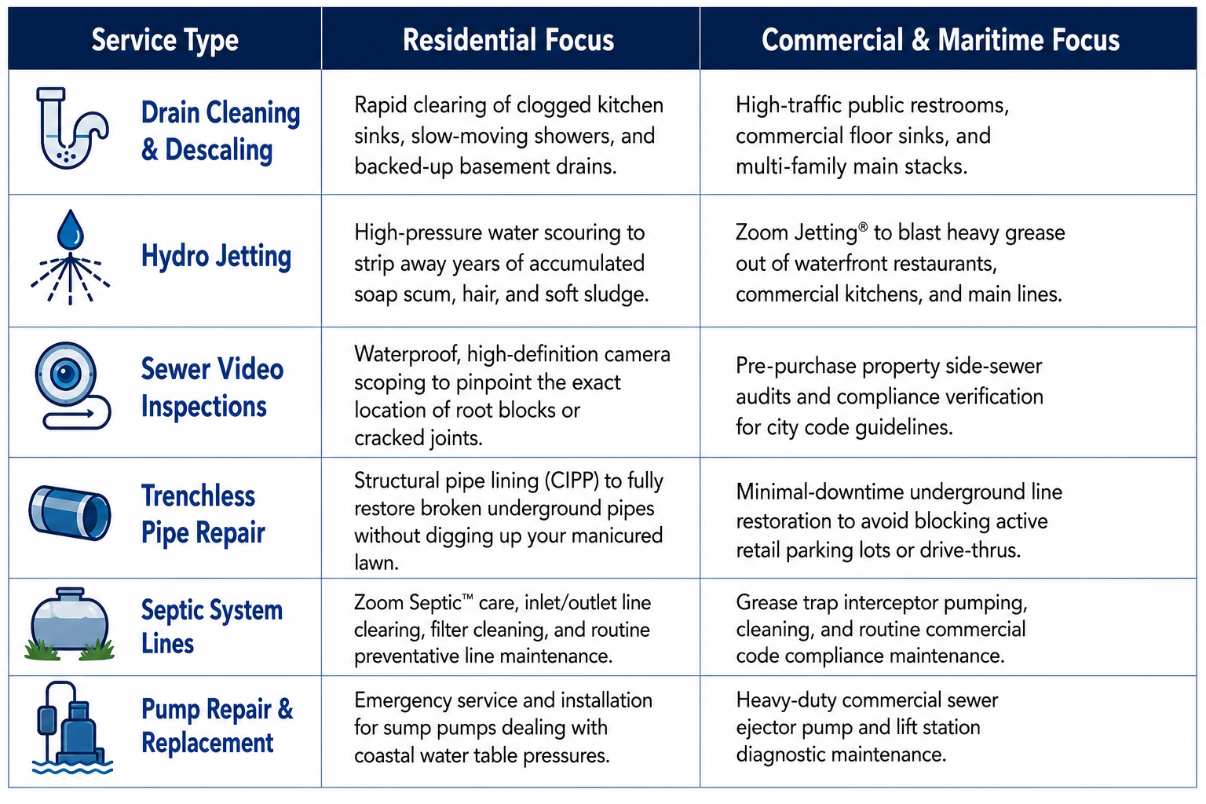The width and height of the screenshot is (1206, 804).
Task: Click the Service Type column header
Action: [165, 41]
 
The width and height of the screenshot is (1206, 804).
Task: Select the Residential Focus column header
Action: [508, 40]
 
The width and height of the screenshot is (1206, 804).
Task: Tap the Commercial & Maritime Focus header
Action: [941, 40]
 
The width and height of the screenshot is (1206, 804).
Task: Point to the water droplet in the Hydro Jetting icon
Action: [71, 228]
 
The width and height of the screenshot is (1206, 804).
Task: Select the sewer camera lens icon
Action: [66, 373]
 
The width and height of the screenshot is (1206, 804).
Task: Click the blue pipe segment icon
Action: [70, 513]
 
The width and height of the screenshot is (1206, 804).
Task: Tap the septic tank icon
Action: [70, 625]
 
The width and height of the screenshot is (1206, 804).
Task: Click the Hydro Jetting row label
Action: [216, 256]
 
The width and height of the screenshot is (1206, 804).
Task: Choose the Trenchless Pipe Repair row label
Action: [203, 513]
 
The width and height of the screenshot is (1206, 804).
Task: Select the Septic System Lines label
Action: [211, 627]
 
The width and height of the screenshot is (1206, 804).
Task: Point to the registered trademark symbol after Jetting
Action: [863, 227]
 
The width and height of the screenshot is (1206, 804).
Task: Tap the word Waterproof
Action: [407, 354]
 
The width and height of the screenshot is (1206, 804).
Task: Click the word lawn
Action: [376, 563]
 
